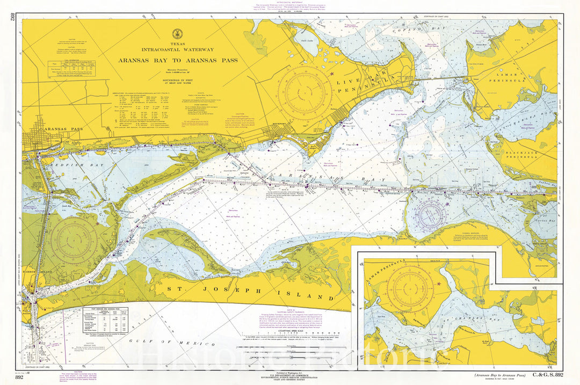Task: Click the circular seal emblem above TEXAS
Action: (177, 34)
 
